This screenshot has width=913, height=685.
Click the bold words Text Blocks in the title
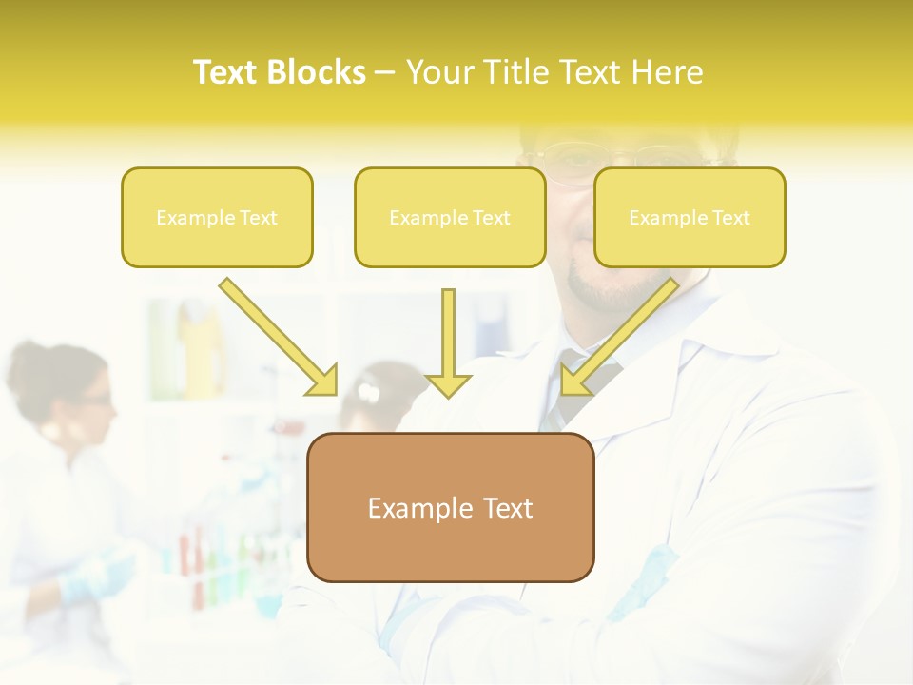pos(279,72)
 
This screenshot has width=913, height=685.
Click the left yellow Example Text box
pos(217,217)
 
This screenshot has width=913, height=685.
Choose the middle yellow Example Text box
pos(450,217)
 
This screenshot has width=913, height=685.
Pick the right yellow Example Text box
pos(690,217)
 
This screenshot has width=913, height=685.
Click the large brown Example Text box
pos(450,507)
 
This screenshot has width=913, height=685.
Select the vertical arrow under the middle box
pos(448,338)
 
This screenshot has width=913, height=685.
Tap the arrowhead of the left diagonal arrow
pos(323,381)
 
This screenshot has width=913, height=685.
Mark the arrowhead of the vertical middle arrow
pos(448,384)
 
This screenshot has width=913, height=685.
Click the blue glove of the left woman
pos(95,576)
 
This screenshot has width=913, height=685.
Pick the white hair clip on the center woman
pos(369,391)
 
